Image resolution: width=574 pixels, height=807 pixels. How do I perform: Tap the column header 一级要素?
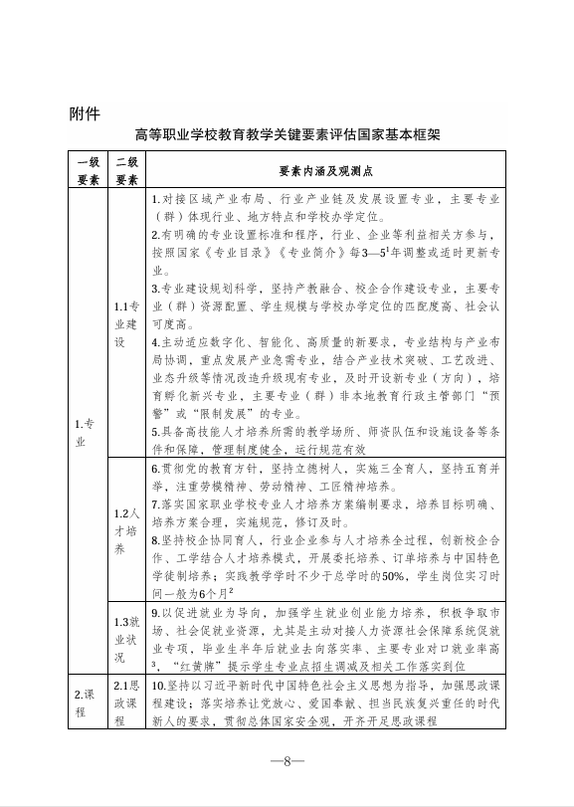pos(88,170)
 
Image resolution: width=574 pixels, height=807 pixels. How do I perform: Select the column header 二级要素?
pos(126,170)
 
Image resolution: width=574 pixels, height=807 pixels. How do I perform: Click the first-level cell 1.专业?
pos(88,433)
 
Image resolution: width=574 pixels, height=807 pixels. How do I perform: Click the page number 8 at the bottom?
pos(287,761)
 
